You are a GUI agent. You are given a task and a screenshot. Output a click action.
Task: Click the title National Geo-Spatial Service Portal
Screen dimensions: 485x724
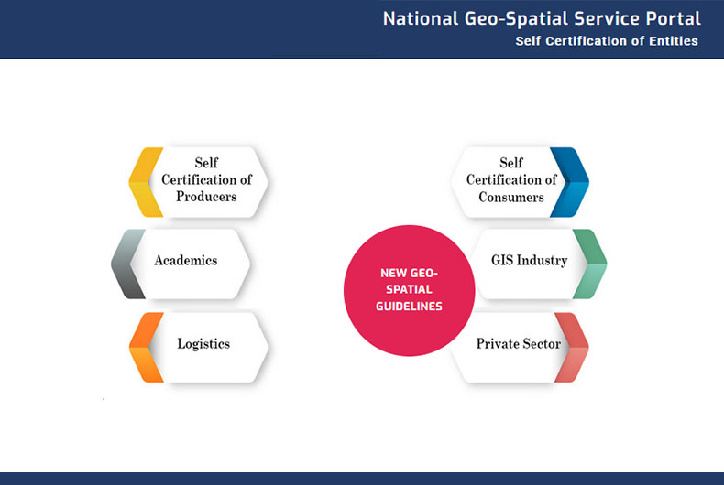click(x=541, y=18)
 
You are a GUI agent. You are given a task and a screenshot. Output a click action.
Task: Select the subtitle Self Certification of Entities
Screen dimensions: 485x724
click(x=606, y=41)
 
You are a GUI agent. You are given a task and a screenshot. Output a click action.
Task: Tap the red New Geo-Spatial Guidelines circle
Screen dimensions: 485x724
click(x=409, y=290)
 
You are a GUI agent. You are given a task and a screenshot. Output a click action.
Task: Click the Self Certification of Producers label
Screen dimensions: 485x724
click(x=206, y=180)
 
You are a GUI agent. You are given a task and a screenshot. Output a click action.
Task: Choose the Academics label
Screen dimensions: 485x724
click(x=186, y=261)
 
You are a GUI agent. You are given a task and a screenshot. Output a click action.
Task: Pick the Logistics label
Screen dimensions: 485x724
click(x=203, y=344)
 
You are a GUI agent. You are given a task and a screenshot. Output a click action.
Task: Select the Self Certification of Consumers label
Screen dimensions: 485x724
click(x=511, y=180)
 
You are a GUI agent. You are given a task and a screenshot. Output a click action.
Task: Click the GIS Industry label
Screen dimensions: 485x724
click(x=529, y=261)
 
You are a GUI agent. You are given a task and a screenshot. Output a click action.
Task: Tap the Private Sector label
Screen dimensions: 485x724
click(x=518, y=344)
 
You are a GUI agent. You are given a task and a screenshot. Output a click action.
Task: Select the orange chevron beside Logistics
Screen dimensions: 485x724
click(x=146, y=347)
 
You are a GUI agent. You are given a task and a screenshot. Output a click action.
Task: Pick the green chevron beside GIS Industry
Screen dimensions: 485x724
click(x=589, y=264)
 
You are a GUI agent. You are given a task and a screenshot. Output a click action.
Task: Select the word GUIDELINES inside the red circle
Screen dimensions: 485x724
click(x=409, y=307)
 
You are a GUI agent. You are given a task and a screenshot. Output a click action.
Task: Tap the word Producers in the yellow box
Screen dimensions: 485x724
click(x=206, y=197)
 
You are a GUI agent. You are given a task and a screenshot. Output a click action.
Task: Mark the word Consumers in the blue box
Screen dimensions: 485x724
click(x=511, y=197)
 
